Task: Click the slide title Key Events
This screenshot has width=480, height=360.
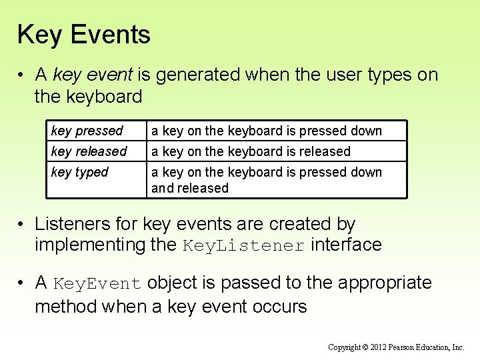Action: [x=84, y=35]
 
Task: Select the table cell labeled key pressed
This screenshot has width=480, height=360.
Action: [x=87, y=131]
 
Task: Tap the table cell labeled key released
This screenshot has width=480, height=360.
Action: [x=89, y=151]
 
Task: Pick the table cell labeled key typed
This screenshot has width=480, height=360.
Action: [x=79, y=172]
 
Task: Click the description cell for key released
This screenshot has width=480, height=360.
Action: [x=251, y=151]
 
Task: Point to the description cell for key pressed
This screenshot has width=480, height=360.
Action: [x=267, y=131]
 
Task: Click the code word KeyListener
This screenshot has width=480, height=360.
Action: [x=243, y=245]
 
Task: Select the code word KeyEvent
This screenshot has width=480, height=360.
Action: [x=97, y=283]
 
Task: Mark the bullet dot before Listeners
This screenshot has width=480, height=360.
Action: [x=22, y=225]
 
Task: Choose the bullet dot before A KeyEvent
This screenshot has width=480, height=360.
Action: [x=22, y=283]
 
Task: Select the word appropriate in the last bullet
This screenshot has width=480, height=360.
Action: [x=385, y=283]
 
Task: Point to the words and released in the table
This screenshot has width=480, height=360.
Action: [x=190, y=188]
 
